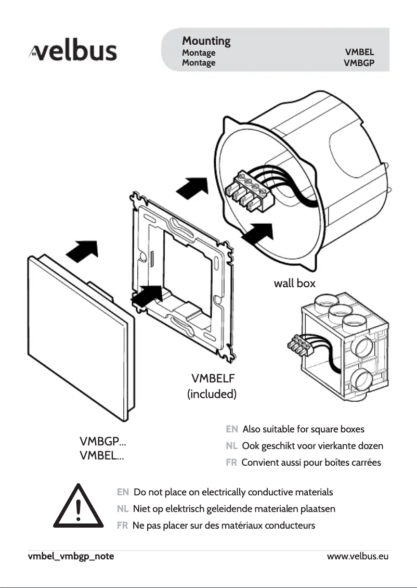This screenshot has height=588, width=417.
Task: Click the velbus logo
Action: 72,53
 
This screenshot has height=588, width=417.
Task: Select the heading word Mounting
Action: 206,41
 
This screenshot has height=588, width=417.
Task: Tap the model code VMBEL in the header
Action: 359,53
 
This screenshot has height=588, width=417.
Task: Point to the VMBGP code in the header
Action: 359,63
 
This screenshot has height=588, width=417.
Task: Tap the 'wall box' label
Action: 294,283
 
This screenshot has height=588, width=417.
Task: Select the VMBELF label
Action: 214,378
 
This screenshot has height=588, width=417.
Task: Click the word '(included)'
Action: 212,394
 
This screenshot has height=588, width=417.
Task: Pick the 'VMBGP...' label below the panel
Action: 102,442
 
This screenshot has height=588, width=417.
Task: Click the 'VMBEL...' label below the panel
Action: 101,456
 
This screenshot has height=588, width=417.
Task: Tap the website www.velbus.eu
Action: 358,556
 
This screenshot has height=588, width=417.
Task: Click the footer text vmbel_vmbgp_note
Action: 71,556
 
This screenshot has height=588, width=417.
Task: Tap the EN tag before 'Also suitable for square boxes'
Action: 232,429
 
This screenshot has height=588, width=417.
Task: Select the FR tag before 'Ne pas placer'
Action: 123,526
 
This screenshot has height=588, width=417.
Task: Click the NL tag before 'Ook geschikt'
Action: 232,446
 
